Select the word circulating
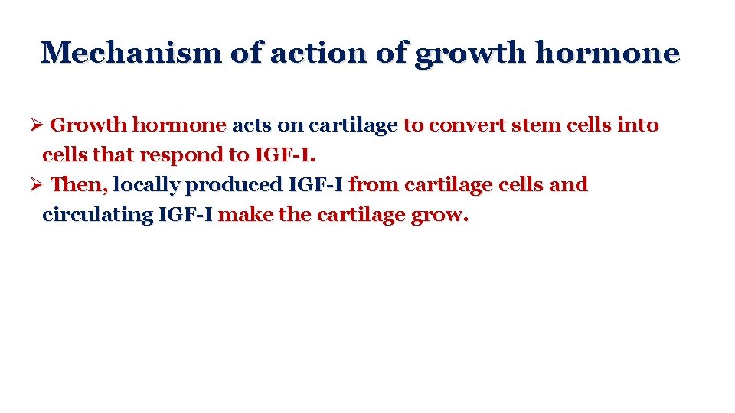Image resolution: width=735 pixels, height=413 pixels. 97,215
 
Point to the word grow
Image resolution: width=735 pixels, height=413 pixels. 439,215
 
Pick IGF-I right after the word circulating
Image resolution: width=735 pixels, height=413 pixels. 185,215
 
